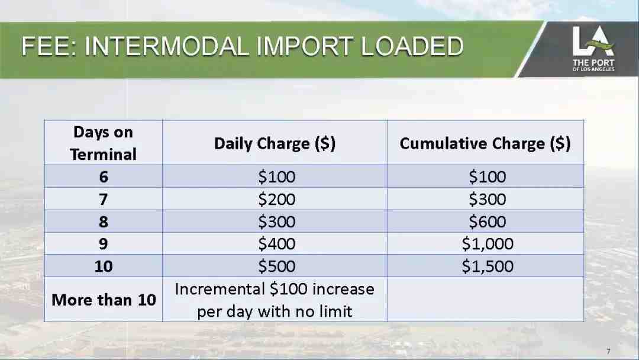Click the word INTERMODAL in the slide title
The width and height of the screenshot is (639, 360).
[167, 46]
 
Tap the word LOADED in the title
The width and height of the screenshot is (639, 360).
[412, 46]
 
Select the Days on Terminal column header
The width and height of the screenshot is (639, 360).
[103, 143]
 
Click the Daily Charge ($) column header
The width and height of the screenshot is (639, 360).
[275, 143]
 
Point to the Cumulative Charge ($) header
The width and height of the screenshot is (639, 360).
[485, 143]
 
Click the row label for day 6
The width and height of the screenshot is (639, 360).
[104, 176]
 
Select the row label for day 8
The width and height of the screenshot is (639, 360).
[104, 221]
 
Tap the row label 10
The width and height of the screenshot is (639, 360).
[104, 266]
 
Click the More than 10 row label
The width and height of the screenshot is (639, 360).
[104, 300]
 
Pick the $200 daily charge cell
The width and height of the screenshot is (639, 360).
[277, 199]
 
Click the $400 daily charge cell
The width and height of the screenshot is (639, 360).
[277, 244]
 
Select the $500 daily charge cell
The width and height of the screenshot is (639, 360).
[277, 266]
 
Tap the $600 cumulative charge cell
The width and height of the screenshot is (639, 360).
[488, 221]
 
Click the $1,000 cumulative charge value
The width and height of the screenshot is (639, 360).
[488, 244]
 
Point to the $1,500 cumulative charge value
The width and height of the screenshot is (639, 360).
[488, 266]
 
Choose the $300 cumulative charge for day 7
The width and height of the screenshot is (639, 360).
[488, 199]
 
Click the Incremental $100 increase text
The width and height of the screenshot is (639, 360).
[275, 289]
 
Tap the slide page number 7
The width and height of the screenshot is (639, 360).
[608, 351]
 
